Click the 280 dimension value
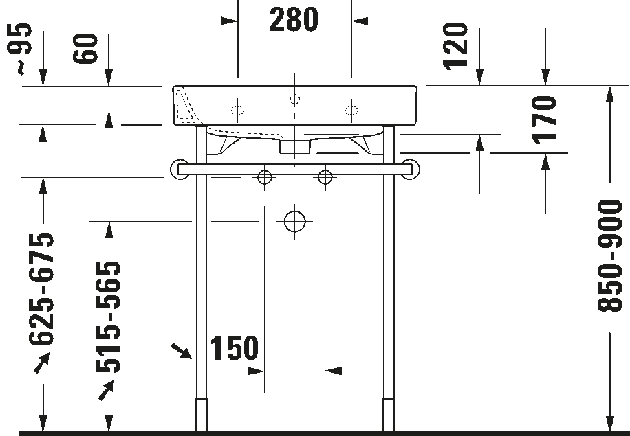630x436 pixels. (x=294, y=20)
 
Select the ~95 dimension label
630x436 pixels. (x=19, y=49)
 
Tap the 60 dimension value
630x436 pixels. (x=85, y=49)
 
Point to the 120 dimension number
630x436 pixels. (x=455, y=46)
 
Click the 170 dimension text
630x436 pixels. (x=544, y=119)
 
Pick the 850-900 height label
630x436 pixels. (x=610, y=255)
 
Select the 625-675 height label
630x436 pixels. (x=41, y=289)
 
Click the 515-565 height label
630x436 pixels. (x=108, y=317)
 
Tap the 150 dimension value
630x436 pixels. (x=235, y=348)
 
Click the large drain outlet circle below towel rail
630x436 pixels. (x=295, y=221)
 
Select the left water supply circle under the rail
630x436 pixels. (x=264, y=176)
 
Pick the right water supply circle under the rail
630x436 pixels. (x=325, y=176)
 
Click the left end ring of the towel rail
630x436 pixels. (x=180, y=170)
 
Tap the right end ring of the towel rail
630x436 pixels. (x=410, y=170)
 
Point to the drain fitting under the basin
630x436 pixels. (x=295, y=146)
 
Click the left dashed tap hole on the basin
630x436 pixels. (x=237, y=111)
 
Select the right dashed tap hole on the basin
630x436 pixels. (x=351, y=111)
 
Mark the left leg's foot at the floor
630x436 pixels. (x=202, y=415)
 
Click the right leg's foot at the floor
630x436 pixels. (x=389, y=415)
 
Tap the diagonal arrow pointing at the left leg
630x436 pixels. (x=181, y=351)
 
